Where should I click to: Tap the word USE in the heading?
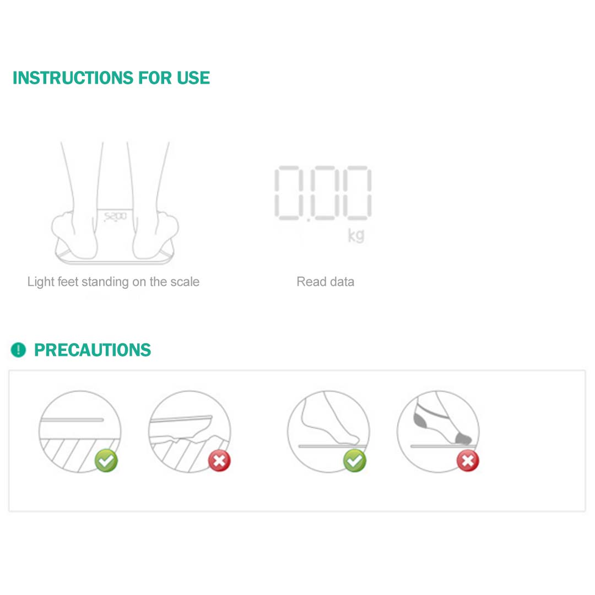[193, 78]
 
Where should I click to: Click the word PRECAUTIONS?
[93, 350]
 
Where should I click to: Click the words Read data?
[325, 282]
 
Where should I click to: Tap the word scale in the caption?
[185, 282]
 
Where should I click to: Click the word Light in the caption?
[41, 282]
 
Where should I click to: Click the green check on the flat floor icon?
[106, 461]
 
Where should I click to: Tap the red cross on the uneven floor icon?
[219, 461]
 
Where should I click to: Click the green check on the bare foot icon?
[355, 461]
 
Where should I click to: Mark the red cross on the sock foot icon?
[468, 461]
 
